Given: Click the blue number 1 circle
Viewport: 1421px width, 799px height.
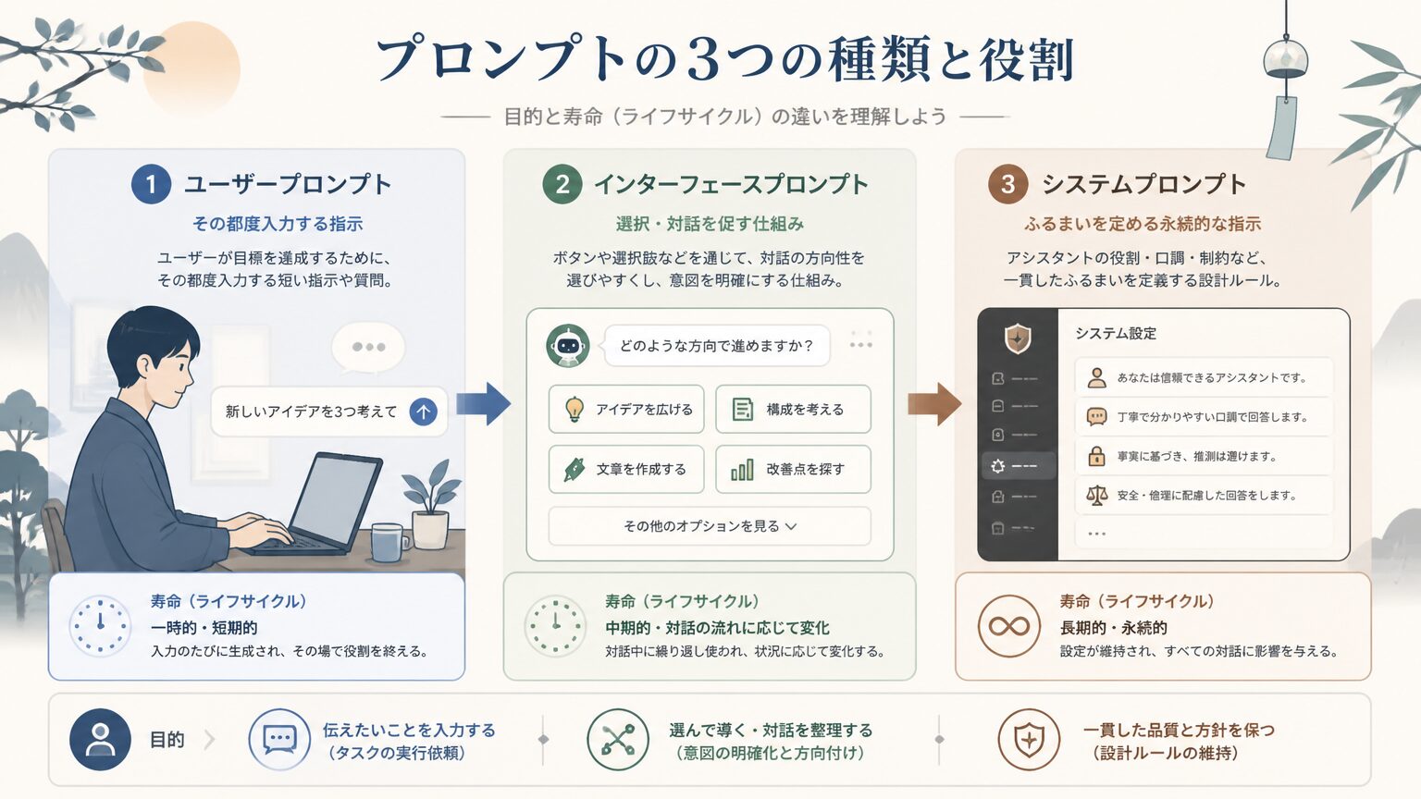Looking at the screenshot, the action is point(151,184).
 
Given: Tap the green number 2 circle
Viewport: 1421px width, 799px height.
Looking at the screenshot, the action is point(562,184).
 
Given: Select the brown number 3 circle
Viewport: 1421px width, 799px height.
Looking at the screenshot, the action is point(1008,184).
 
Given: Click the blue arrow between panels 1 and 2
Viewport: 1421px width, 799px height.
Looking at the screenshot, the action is point(484,403).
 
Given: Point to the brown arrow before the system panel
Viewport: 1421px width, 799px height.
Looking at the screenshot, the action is point(934,403).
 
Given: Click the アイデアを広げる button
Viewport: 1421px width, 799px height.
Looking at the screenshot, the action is point(626,409).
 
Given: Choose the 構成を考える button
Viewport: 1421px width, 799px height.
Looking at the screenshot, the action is point(793,409).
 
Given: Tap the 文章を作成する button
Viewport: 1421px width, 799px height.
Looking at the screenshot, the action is point(626,469).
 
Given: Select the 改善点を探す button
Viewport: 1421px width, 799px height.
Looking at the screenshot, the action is point(793,469).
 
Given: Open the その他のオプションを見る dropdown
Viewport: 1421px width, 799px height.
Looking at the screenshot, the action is point(710,525).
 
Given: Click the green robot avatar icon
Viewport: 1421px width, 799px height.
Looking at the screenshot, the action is point(568,346).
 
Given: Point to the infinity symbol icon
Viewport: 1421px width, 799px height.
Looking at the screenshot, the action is point(1008,626).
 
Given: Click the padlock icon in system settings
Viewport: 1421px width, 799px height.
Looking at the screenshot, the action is point(1096,456).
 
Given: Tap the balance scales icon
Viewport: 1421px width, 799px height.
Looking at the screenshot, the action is point(1097,496).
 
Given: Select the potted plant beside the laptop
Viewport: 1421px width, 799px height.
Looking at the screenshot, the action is point(431,505).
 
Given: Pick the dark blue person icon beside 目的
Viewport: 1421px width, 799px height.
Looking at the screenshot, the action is point(100,740).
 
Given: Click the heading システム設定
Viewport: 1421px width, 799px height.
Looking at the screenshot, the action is point(1116,334).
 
